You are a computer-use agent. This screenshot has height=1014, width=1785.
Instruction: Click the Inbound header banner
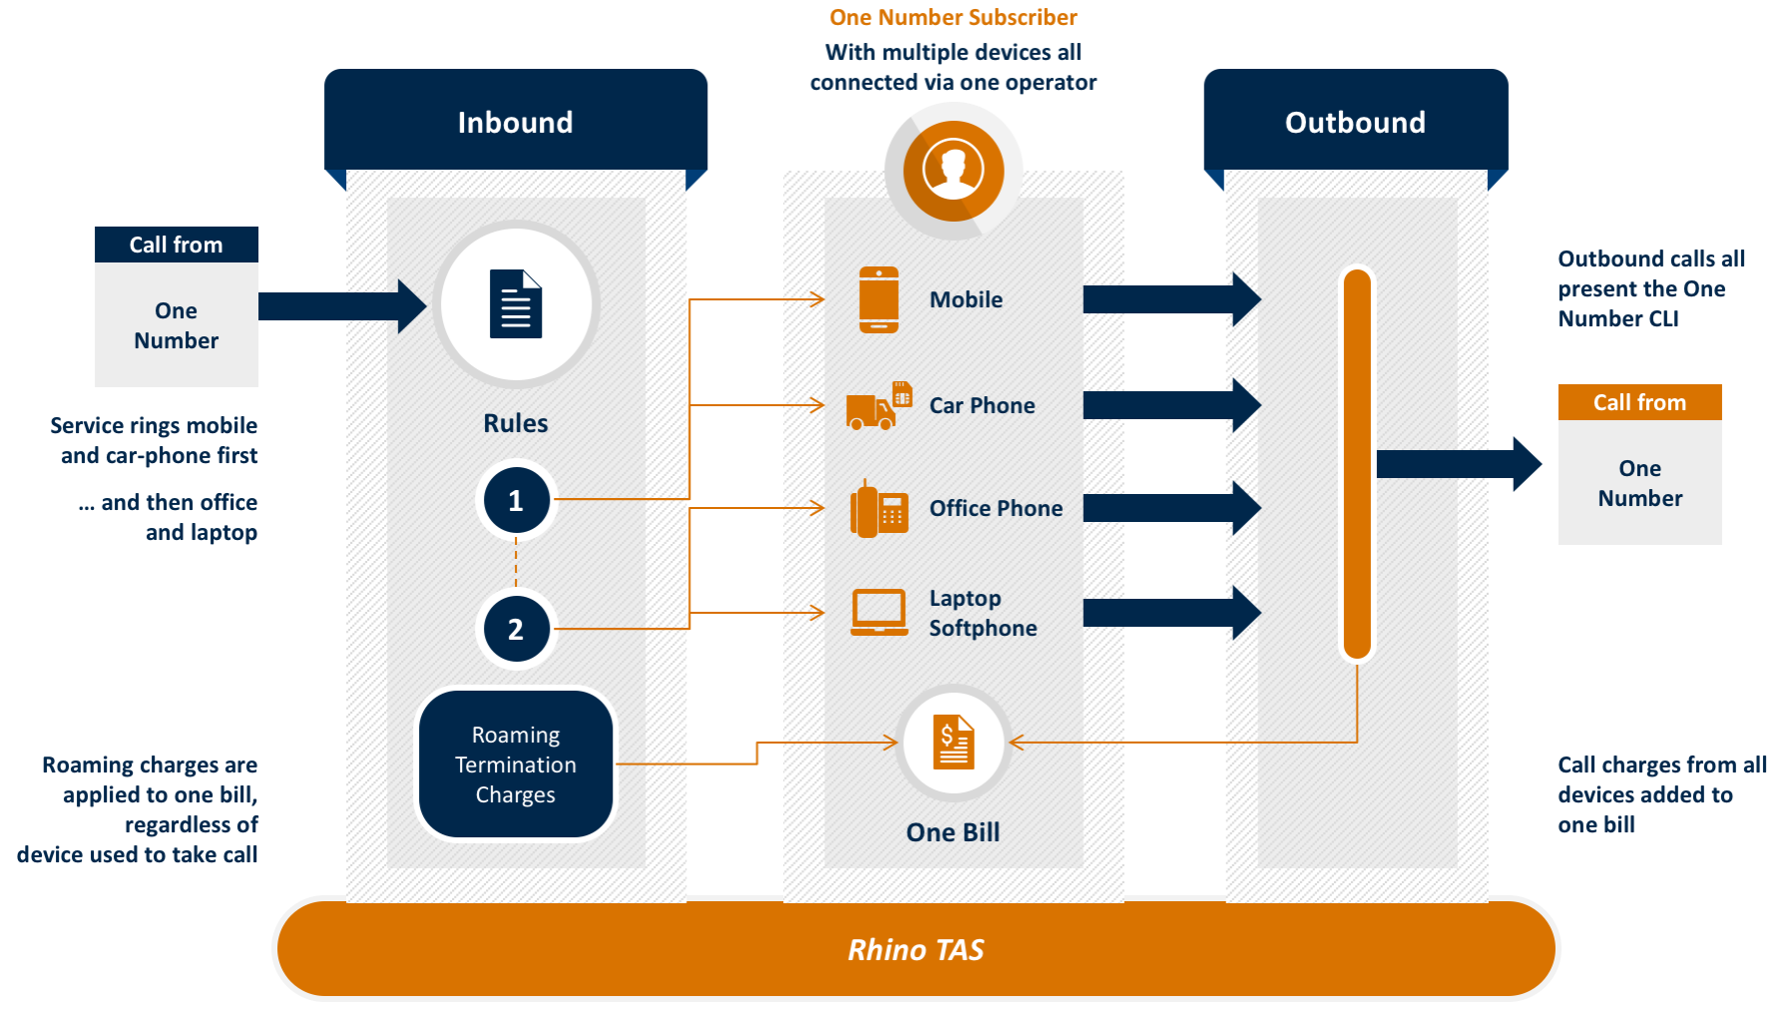click(x=515, y=122)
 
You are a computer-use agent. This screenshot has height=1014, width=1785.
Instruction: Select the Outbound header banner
click(x=1355, y=122)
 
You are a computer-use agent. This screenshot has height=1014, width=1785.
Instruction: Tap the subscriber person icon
click(x=953, y=170)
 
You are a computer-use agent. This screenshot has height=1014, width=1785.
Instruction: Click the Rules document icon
click(x=516, y=304)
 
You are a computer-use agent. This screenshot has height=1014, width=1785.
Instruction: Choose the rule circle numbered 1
click(x=516, y=500)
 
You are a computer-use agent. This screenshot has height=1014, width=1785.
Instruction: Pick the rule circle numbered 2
click(x=516, y=629)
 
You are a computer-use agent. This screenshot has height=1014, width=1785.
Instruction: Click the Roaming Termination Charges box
click(x=516, y=764)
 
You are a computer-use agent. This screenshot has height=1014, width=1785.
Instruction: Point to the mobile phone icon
click(x=879, y=299)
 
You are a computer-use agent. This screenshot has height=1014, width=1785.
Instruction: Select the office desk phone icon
click(x=879, y=509)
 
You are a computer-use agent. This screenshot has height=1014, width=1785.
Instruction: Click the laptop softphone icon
click(x=879, y=612)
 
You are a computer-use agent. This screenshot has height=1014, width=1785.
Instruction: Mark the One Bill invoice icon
click(x=954, y=743)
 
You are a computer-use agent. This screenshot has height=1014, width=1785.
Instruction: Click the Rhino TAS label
click(x=916, y=949)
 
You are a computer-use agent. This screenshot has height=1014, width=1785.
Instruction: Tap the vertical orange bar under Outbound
click(x=1357, y=464)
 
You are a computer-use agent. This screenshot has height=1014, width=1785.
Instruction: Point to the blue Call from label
click(x=177, y=245)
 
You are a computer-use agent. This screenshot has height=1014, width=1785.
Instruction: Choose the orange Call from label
click(x=1639, y=402)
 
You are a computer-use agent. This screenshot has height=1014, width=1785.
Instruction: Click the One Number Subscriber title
click(x=953, y=17)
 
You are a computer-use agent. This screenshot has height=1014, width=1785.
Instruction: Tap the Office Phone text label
click(x=996, y=508)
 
